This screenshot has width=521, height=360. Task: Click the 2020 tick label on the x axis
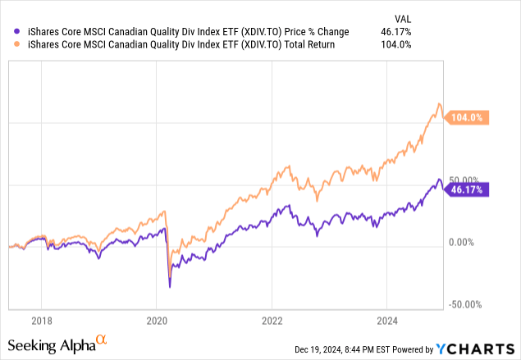click(157, 321)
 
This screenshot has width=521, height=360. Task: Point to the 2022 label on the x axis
click(272, 321)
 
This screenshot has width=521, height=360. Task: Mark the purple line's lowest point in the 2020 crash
click(170, 287)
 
